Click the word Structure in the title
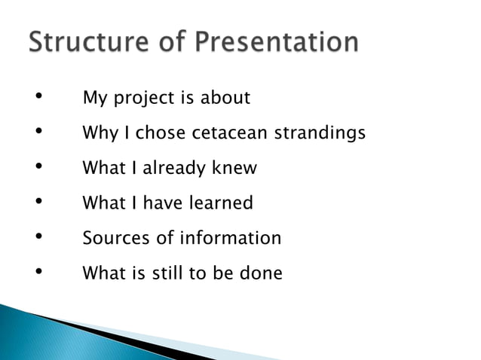click(81, 43)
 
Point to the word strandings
click(320, 133)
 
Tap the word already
click(174, 169)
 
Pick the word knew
click(234, 168)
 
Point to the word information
click(230, 238)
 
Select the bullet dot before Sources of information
click(36, 238)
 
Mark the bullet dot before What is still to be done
click(36, 273)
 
